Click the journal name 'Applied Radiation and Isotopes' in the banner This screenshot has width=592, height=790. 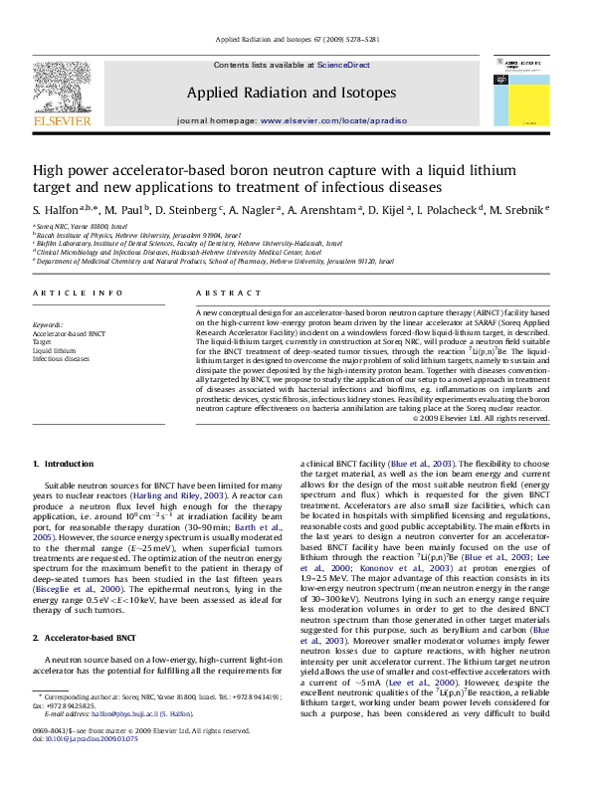click(x=292, y=93)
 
